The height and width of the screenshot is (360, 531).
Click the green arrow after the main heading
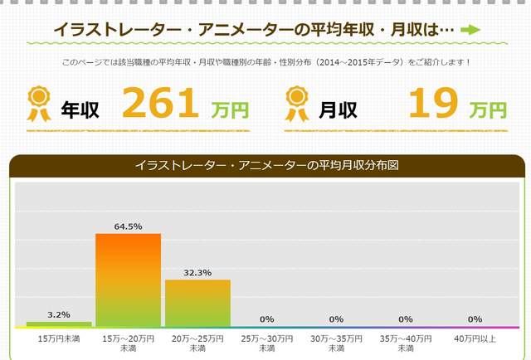point(470,30)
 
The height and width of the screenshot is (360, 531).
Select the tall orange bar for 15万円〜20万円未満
point(128,280)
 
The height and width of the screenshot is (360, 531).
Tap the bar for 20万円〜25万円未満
point(197,303)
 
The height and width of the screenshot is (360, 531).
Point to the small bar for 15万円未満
point(59,324)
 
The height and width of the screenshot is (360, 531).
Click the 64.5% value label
point(128,226)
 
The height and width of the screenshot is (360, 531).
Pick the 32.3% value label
point(197,272)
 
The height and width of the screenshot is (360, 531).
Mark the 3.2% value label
point(59,314)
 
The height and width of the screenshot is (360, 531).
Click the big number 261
point(161,104)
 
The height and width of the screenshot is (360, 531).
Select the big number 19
point(434,104)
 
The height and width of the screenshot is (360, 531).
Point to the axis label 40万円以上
point(475,338)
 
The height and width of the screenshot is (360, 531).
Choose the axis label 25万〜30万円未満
point(266,343)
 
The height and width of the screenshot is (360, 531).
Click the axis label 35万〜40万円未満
point(406,343)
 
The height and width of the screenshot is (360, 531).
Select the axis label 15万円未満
point(59,338)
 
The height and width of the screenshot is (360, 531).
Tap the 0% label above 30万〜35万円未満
point(336,319)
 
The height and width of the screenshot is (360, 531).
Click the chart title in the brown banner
point(266,166)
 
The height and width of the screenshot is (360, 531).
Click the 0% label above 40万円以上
point(475,319)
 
